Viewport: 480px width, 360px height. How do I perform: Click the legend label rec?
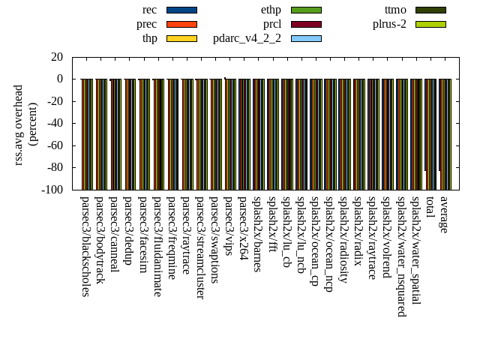pos(149,10)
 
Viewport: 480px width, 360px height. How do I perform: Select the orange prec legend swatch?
pos(181,24)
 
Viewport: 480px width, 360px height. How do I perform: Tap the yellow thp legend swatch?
pos(181,38)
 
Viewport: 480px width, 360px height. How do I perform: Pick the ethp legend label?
pos(271,10)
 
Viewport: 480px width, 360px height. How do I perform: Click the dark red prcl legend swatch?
pos(306,24)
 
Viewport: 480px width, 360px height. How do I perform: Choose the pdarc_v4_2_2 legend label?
pos(247,38)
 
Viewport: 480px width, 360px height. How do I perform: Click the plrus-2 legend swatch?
pos(430,24)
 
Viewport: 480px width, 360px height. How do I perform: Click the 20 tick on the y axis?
pos(57,57)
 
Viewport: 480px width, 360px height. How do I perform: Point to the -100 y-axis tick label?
pos(52,190)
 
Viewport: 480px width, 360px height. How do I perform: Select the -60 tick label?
pos(55,145)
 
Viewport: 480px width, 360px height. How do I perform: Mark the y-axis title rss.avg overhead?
pos(19,124)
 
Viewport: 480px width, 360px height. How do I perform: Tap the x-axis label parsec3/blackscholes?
pos(85,246)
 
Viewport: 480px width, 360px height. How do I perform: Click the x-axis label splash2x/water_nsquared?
pos(401,256)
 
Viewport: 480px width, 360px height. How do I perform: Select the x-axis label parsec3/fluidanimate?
pos(157,246)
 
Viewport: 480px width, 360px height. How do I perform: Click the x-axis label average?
pos(444,214)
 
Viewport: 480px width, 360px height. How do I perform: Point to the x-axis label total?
pos(430,205)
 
